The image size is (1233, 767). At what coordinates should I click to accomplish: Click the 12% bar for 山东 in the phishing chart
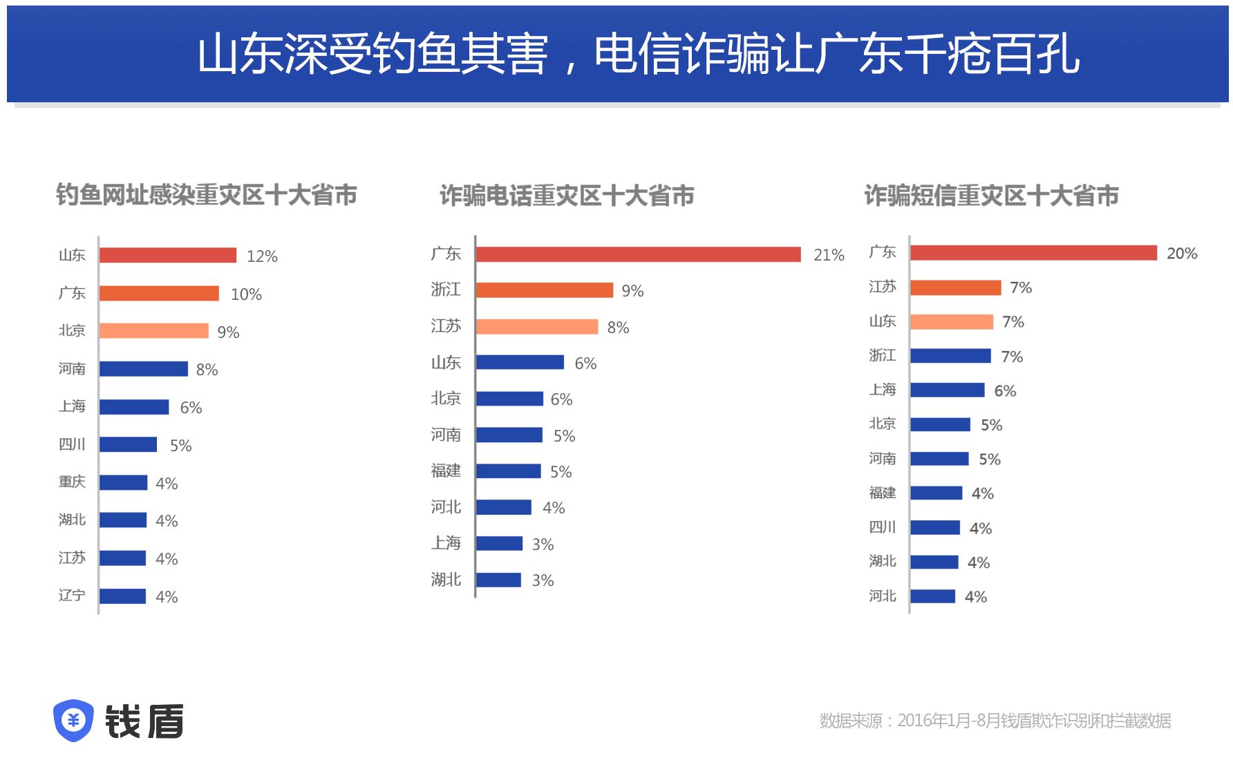tap(167, 256)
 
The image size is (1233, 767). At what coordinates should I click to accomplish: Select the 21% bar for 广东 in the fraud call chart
tap(638, 254)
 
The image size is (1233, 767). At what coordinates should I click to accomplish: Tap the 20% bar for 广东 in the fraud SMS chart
tap(1033, 253)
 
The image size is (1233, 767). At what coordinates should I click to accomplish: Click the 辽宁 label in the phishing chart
tap(72, 596)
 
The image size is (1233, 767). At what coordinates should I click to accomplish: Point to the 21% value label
tap(829, 255)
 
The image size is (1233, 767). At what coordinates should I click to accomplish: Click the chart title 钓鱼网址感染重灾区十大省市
tap(206, 196)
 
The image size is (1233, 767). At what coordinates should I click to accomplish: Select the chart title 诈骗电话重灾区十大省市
tap(567, 196)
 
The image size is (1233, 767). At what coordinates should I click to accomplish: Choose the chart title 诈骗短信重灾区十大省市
tap(991, 196)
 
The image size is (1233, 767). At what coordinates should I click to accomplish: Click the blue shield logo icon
tap(73, 721)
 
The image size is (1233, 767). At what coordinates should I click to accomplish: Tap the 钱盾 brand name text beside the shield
tap(144, 721)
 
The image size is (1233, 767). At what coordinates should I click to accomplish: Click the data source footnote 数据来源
tap(995, 721)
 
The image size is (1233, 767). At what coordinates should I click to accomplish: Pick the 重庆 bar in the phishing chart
tap(123, 482)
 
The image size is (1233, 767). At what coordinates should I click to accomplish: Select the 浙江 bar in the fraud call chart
tap(544, 290)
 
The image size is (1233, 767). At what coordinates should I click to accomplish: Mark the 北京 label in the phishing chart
tap(72, 331)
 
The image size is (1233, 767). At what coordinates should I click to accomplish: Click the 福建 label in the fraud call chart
tap(446, 471)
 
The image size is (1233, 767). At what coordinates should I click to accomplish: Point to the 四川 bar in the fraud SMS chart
tap(935, 528)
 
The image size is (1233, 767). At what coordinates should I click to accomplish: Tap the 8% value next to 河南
tap(207, 370)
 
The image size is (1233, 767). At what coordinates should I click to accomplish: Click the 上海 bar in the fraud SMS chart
tap(947, 390)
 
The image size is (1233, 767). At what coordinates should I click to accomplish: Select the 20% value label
tap(1181, 254)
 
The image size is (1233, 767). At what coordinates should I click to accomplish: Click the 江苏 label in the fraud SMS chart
tap(882, 287)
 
